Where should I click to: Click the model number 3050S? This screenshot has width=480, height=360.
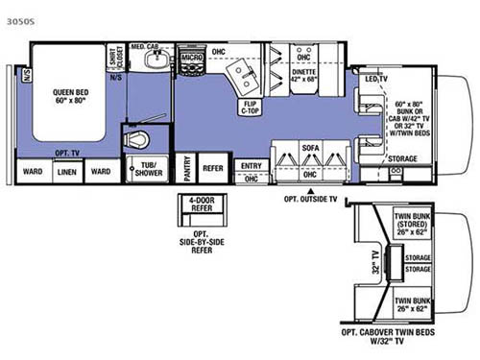coord(17,19)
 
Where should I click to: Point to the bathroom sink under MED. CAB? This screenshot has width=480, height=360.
coord(156,61)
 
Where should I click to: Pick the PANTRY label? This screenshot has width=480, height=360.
coord(187,165)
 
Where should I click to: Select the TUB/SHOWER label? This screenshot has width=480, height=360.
coord(147,170)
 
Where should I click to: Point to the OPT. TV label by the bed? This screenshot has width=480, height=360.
coord(66,152)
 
